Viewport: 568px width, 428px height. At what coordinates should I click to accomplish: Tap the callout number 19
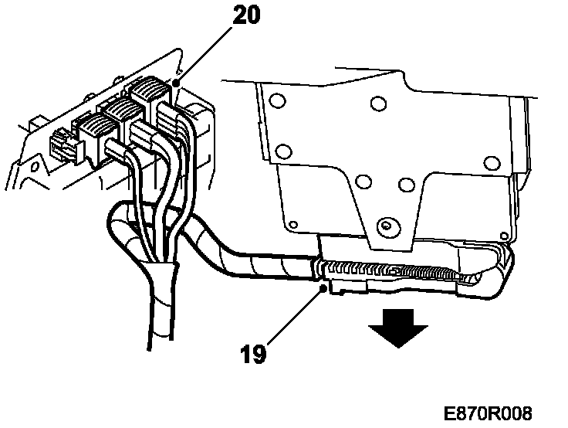pos(254,355)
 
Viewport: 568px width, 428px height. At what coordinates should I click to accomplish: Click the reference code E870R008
pos(488,413)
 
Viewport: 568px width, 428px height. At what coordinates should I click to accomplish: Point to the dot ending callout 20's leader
pos(177,82)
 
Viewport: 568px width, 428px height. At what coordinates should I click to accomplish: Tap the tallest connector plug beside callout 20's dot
pos(148,91)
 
